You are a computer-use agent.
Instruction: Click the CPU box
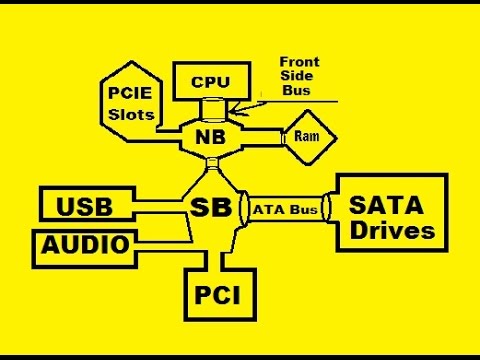pos(211,82)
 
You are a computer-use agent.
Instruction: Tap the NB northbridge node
pos(212,136)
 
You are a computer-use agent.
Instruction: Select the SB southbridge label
pos(211,208)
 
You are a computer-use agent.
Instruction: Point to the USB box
pos(84,207)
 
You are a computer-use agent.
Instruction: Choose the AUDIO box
pos(85,244)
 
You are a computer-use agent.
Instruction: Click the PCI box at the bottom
pos(217,296)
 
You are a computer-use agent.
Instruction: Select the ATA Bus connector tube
pos(284,209)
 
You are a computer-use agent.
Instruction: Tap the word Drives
pos(391,231)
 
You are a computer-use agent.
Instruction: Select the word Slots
pos(131,114)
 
